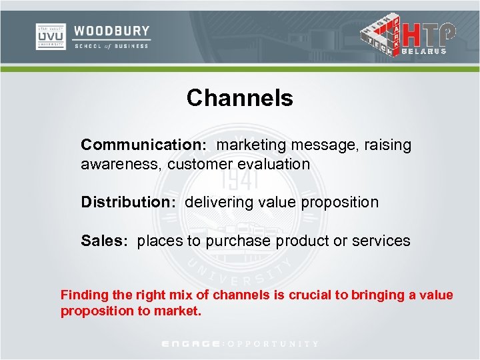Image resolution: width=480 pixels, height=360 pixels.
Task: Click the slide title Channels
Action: (239, 98)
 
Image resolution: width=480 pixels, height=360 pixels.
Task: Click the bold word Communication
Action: (137, 145)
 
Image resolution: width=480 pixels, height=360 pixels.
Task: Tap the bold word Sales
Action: (103, 241)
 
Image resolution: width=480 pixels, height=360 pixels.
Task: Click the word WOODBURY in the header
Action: (111, 31)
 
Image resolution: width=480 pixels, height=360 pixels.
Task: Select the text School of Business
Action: (111, 47)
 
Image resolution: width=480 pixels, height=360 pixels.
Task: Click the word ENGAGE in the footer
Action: (192, 344)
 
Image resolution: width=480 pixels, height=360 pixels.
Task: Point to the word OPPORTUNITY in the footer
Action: (273, 344)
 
